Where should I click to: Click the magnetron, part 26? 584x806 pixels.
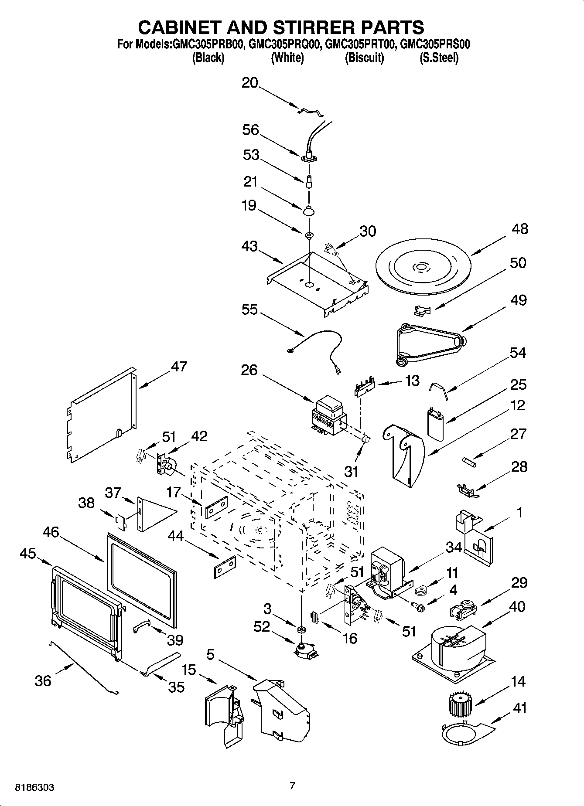(x=329, y=415)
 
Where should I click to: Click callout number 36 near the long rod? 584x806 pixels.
(x=43, y=680)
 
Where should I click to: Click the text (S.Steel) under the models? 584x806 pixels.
(x=439, y=58)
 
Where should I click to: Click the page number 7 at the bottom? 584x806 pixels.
(x=292, y=786)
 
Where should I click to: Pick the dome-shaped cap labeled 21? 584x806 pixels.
(x=308, y=210)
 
